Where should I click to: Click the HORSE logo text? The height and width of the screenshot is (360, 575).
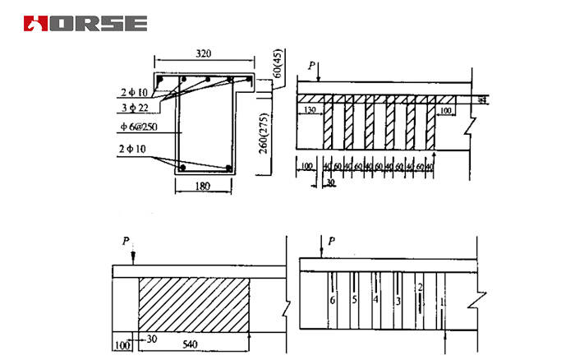[85, 23]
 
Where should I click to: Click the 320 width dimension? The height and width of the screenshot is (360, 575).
[205, 53]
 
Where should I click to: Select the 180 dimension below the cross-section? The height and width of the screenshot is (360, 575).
[203, 187]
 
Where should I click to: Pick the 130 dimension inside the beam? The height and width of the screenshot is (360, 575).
[310, 108]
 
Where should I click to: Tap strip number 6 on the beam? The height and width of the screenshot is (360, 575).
[333, 301]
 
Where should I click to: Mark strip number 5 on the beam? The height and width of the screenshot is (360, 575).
[354, 300]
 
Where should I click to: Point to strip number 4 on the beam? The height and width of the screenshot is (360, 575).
[375, 300]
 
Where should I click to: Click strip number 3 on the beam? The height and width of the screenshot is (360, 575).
[398, 301]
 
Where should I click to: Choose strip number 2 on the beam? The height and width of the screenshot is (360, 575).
[420, 287]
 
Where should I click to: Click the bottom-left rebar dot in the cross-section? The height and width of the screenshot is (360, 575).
[183, 168]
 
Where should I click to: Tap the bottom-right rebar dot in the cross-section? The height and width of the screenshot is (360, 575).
[228, 168]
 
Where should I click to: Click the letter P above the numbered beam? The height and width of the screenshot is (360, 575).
[331, 241]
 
